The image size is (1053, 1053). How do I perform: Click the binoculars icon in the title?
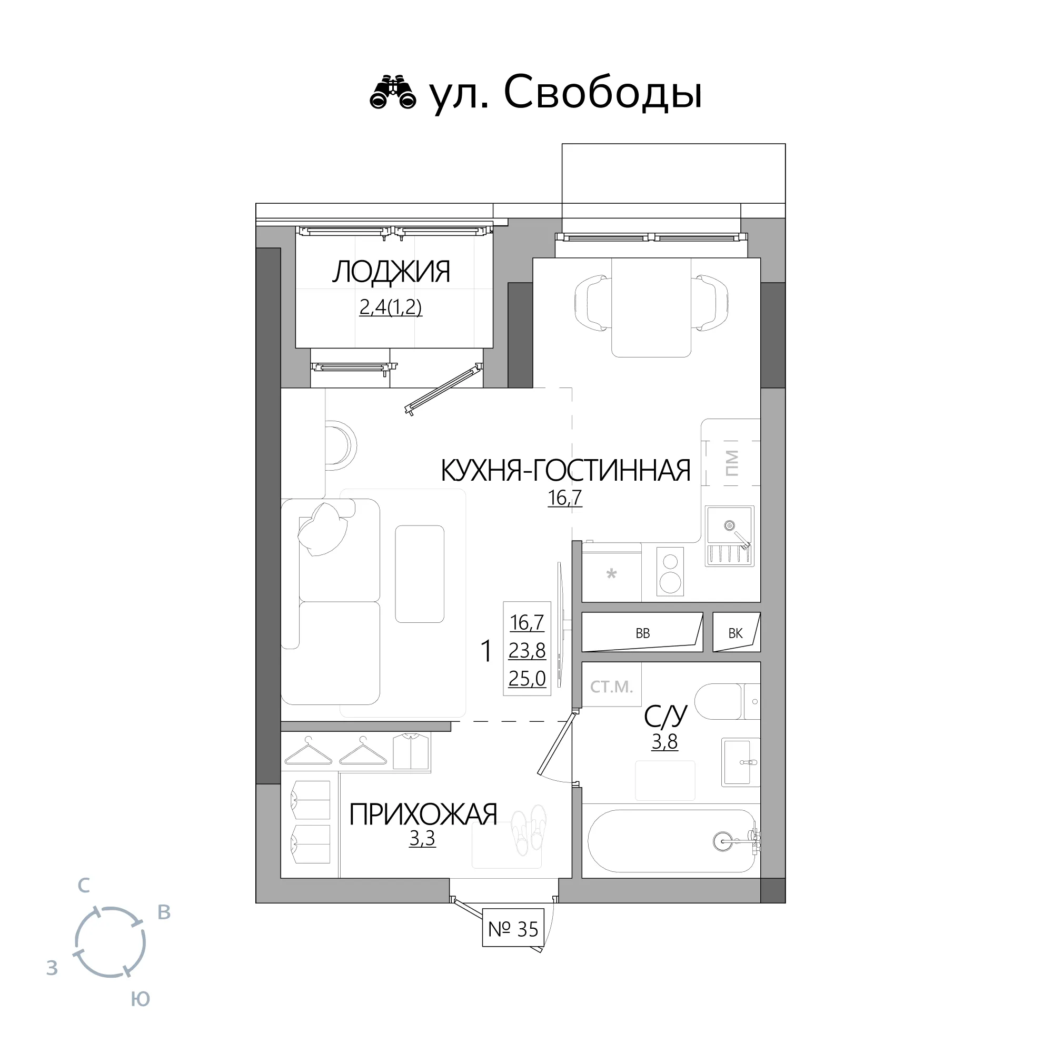[x=392, y=92]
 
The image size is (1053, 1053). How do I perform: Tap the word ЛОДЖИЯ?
[x=391, y=272]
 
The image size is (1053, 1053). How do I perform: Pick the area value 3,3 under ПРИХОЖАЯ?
[x=422, y=838]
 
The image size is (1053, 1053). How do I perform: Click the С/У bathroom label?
[x=665, y=716]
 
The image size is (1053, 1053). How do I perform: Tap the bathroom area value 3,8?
[x=665, y=742]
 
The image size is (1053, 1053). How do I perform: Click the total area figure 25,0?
[x=527, y=678]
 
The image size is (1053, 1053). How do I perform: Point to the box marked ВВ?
[x=642, y=632]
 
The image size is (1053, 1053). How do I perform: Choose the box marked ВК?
[x=736, y=632]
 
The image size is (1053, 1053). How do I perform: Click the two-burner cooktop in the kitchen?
[x=670, y=572]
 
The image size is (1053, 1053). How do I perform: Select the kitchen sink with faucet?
[x=730, y=537]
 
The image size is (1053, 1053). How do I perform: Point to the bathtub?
[x=671, y=841]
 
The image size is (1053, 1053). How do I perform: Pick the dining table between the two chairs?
[x=651, y=307]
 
